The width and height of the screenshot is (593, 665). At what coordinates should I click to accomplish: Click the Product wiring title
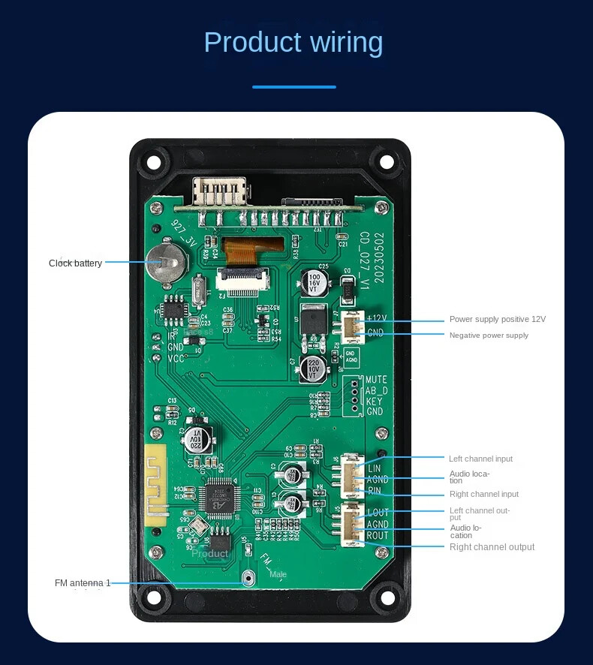[293, 42]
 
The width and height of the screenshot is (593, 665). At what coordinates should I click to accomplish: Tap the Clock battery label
[75, 263]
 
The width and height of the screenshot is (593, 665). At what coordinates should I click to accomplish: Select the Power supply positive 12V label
[498, 319]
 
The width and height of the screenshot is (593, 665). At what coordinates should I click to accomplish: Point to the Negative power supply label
[489, 335]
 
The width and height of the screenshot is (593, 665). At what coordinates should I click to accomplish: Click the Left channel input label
[480, 459]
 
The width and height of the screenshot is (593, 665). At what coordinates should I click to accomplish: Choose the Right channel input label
[484, 494]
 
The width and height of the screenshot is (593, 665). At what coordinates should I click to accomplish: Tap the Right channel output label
[492, 547]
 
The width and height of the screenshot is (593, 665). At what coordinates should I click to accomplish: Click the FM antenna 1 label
[83, 583]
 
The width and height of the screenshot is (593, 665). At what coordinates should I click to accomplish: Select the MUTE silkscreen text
[376, 380]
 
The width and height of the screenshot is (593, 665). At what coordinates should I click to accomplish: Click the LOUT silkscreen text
[378, 513]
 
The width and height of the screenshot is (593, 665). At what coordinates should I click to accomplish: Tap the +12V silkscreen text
[375, 319]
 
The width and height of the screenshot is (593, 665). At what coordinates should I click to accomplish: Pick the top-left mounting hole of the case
[155, 161]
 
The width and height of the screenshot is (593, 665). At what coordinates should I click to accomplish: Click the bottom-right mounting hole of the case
[386, 598]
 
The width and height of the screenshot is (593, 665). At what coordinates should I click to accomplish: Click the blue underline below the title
[293, 87]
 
